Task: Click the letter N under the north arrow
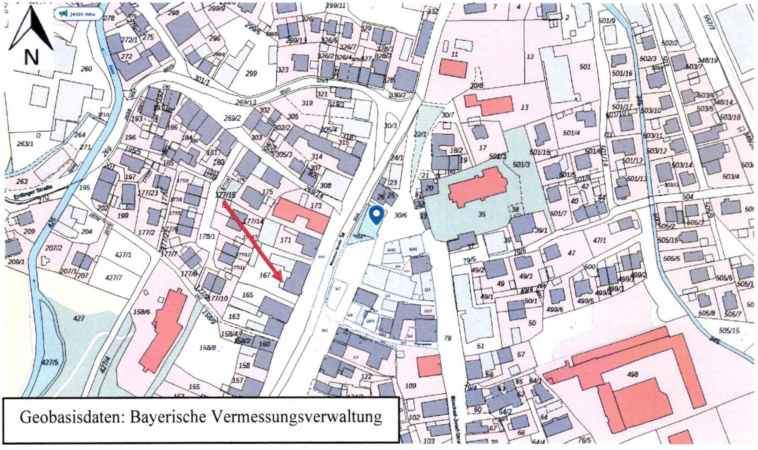pos(31,57)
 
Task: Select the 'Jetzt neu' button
pos(78,14)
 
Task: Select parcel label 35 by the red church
pos(481,215)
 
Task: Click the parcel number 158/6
pos(142,312)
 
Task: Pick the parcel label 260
pos(86,69)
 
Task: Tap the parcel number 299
pos(251,73)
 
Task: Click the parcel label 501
pos(585,66)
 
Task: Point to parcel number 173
pos(316,205)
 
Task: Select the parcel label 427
pos(78,319)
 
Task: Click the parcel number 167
pos(265,275)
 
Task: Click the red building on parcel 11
pos(453,68)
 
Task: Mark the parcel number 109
pos(410,386)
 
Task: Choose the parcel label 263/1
pos(25,144)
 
